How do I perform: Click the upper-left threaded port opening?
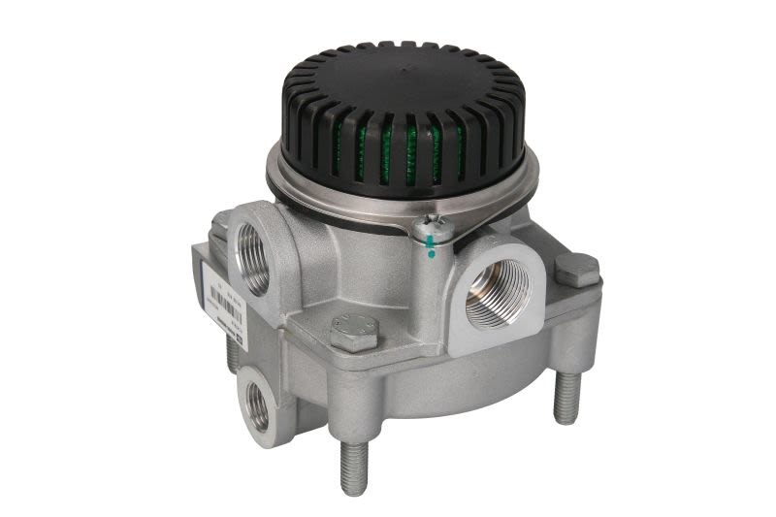coord(255,258)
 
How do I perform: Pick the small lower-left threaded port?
coord(258,406)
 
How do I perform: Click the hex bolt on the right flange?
coord(576,269)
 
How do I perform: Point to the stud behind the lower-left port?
coord(233,353)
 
